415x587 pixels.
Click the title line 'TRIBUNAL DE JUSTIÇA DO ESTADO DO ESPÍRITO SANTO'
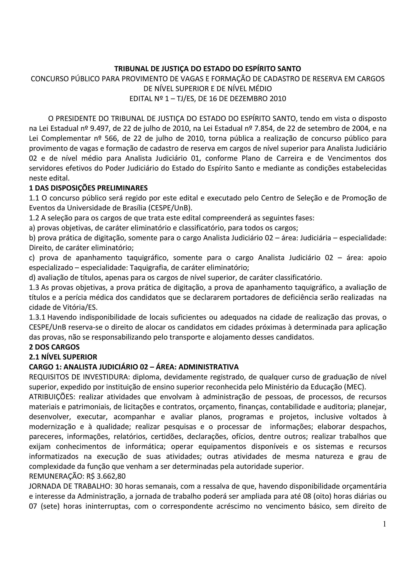pos(207,69)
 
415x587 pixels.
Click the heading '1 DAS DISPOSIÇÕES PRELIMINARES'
pos(88,188)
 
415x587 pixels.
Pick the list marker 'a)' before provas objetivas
pos(32,228)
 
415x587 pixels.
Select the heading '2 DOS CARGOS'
pos(54,347)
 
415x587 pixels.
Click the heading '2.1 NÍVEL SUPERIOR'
pos(63,357)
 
